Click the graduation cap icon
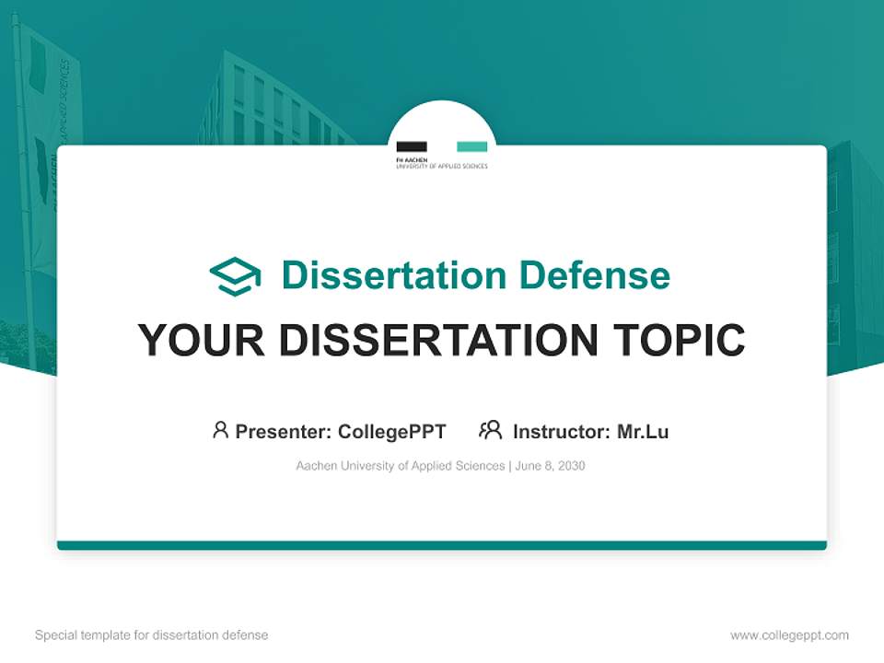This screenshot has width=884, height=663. (x=235, y=276)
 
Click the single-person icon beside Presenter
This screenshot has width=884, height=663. (x=220, y=430)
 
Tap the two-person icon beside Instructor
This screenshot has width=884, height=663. (x=491, y=430)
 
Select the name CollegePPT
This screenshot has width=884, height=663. (x=392, y=432)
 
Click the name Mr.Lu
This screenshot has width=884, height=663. (x=643, y=432)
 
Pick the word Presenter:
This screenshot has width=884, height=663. (x=284, y=432)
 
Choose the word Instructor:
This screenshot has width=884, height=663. (x=562, y=432)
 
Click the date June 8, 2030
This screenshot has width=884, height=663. (x=551, y=466)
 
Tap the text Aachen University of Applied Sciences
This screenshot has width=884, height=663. (x=400, y=466)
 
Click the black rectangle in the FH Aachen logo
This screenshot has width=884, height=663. (x=411, y=146)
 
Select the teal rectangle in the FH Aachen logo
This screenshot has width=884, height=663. (x=472, y=146)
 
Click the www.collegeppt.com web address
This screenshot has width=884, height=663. (x=789, y=635)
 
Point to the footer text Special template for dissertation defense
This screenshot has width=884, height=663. (x=152, y=635)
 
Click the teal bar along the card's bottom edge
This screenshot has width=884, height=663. (x=442, y=545)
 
